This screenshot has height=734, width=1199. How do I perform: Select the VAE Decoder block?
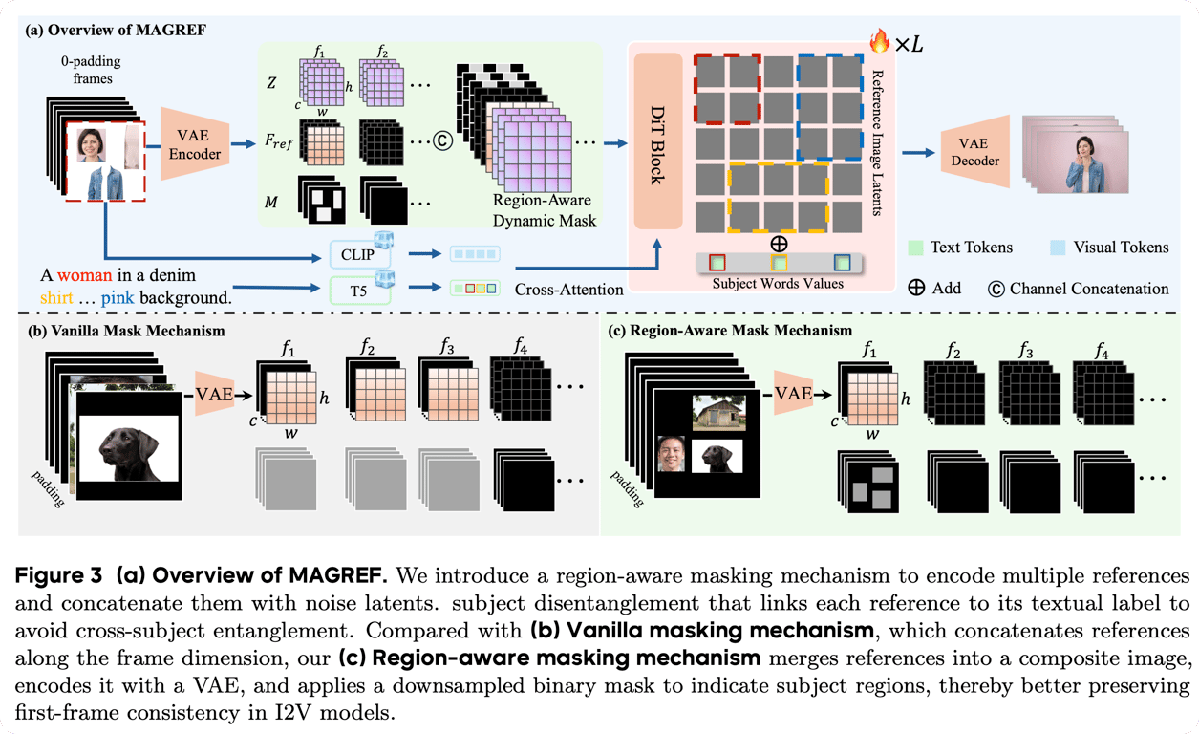(974, 150)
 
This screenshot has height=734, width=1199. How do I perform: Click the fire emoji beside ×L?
(879, 40)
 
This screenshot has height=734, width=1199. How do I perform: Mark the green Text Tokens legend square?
(915, 248)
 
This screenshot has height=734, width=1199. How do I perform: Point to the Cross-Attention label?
(567, 289)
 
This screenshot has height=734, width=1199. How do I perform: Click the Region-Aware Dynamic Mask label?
(543, 210)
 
